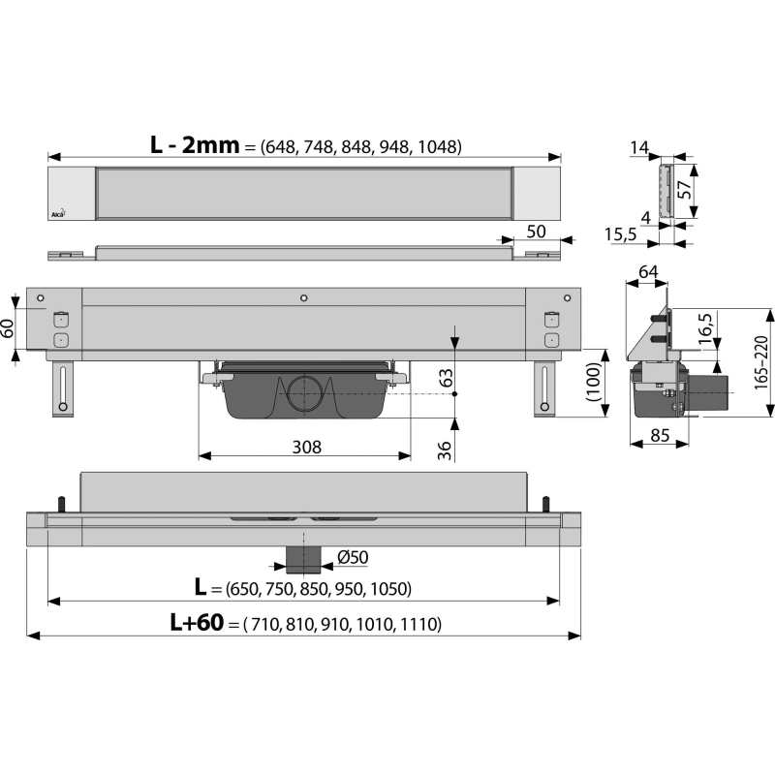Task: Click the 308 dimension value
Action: click(307, 447)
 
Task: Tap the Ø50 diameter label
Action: click(353, 557)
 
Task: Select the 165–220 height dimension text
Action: click(761, 362)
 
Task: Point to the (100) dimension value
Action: click(593, 382)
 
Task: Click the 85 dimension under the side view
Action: click(660, 435)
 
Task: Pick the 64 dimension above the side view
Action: click(648, 272)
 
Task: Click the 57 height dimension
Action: click(684, 189)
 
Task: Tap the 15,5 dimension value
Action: click(621, 233)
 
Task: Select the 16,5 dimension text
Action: click(705, 328)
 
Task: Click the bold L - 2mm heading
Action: click(195, 144)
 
